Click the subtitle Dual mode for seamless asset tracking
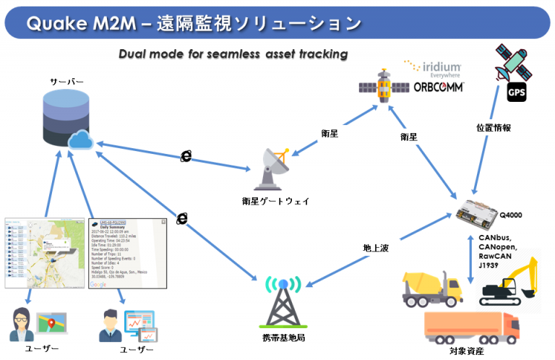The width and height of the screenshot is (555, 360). [x=233, y=54]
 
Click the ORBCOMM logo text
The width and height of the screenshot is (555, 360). [x=429, y=87]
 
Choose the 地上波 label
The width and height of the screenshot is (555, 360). [x=376, y=248]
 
